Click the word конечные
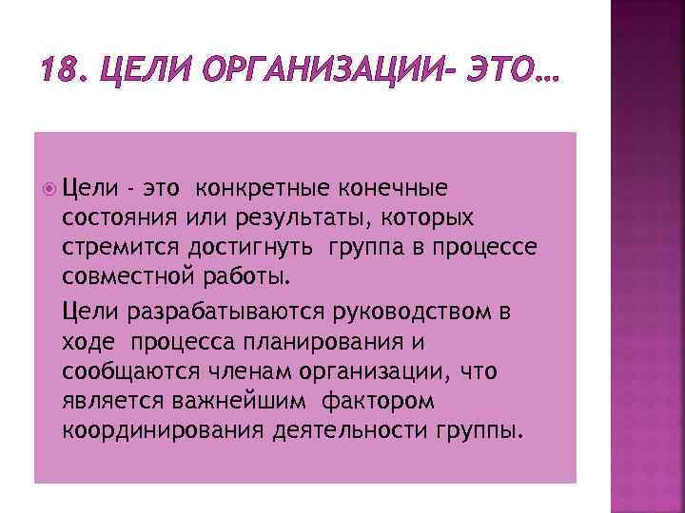coord(396,188)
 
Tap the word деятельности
coord(345,431)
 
